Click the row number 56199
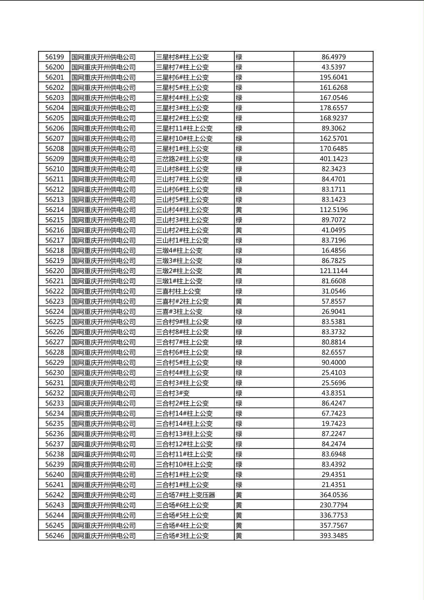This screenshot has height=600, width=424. [54, 57]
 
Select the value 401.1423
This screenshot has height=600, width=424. [333, 159]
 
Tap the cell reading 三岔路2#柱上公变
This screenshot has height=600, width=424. [182, 159]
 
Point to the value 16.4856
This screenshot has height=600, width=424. [333, 251]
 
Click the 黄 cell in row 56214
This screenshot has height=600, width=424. [239, 210]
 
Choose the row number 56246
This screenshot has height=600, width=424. [54, 536]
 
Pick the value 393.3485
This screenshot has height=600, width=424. [333, 536]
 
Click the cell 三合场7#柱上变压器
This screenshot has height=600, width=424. [185, 495]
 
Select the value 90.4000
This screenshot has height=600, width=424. [333, 363]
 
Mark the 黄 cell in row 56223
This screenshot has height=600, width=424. [239, 301]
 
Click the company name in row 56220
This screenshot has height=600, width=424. [104, 271]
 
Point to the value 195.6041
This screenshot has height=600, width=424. [333, 77]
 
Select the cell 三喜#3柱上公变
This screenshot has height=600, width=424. [179, 312]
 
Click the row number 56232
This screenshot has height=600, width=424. [54, 393]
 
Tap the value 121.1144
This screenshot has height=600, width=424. [333, 271]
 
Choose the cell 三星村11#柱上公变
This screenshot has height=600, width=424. [184, 128]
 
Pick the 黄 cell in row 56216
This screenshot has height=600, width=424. [239, 230]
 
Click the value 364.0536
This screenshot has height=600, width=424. [333, 495]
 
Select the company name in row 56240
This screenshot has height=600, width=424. [104, 474]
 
